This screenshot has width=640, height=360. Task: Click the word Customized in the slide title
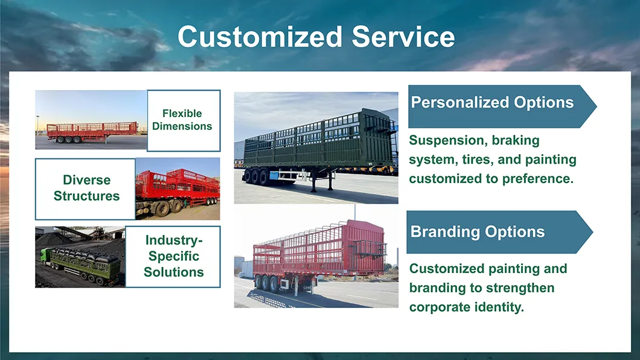260,37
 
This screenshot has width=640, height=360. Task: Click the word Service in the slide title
403,37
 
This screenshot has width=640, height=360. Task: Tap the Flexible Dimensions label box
184,120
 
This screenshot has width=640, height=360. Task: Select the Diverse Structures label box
85,189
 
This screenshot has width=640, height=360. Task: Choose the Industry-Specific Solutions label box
173,257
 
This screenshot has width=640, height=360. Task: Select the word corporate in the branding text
440,307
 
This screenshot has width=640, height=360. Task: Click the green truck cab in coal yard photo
45,257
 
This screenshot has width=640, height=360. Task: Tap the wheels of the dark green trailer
256,177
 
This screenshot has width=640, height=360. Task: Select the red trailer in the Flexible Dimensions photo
92,132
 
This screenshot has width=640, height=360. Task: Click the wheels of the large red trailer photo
267,283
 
